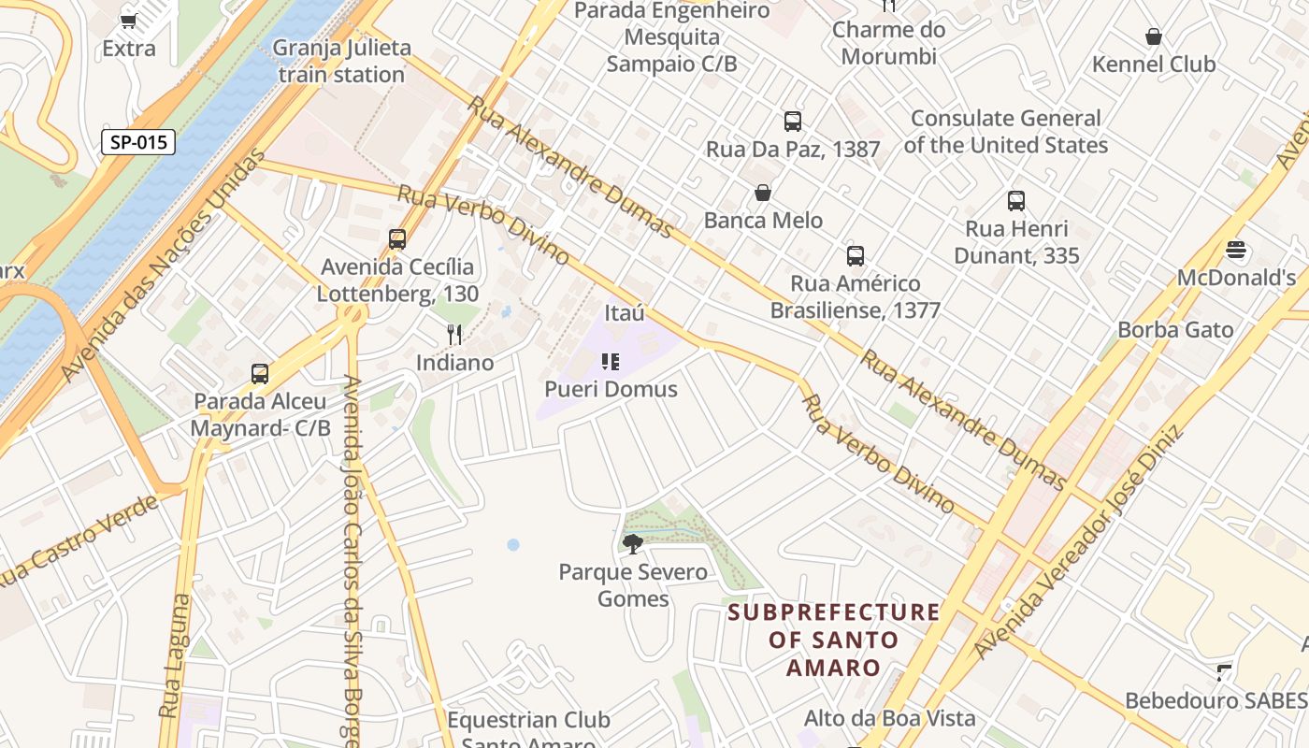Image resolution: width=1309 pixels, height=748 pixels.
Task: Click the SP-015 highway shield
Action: pos(138,142)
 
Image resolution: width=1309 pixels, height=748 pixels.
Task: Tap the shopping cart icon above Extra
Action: pos(129,21)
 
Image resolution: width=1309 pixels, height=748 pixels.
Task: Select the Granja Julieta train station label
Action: pos(340,62)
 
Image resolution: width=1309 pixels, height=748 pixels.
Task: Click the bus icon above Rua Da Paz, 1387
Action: pos(793,122)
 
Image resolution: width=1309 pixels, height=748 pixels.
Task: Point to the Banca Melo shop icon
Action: pos(763,194)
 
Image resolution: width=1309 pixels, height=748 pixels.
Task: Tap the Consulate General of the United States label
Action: pos(1006,132)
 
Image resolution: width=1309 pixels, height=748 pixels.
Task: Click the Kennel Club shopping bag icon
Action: pos(1154,37)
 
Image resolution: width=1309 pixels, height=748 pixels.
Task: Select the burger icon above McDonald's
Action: pos(1236,250)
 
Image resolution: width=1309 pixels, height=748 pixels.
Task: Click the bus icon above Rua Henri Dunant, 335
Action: pos(1016,201)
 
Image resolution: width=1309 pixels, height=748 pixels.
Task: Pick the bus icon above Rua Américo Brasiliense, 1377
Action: pos(855,256)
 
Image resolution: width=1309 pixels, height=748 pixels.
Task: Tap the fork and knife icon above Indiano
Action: pos(454,334)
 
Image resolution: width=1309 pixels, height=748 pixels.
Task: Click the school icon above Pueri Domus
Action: pos(611,362)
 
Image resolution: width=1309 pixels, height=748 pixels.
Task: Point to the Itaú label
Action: pos(625,312)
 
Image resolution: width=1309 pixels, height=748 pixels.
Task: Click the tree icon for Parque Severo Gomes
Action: pos(633,543)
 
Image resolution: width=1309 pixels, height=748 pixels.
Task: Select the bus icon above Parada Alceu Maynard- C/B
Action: pos(260,374)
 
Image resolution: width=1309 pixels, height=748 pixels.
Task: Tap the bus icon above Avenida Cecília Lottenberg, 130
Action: pos(397,239)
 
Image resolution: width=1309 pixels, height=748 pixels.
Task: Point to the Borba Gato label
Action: pos(1175,330)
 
